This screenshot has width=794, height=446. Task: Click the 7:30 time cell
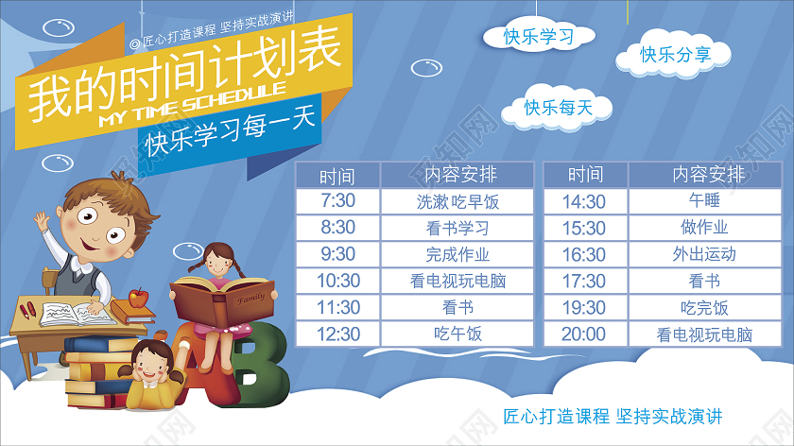click(x=337, y=201)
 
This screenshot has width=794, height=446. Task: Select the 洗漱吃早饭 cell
click(x=457, y=201)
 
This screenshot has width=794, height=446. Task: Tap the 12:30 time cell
click(x=337, y=334)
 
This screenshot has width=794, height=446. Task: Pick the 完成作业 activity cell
click(x=457, y=254)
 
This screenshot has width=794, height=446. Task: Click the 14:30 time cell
click(x=584, y=201)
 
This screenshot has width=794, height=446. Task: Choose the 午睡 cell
click(x=704, y=201)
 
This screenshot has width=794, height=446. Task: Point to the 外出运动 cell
click(x=704, y=254)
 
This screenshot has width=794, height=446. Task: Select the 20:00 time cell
click(x=584, y=334)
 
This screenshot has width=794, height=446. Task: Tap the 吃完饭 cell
click(x=704, y=307)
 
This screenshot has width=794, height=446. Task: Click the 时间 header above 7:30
click(x=337, y=175)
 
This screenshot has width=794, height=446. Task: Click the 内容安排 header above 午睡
click(x=704, y=175)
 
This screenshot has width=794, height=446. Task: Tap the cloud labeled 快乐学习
click(x=539, y=38)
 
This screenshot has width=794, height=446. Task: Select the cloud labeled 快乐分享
click(x=675, y=56)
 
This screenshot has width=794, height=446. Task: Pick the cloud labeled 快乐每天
click(x=558, y=109)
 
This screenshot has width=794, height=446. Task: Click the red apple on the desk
click(x=139, y=298)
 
